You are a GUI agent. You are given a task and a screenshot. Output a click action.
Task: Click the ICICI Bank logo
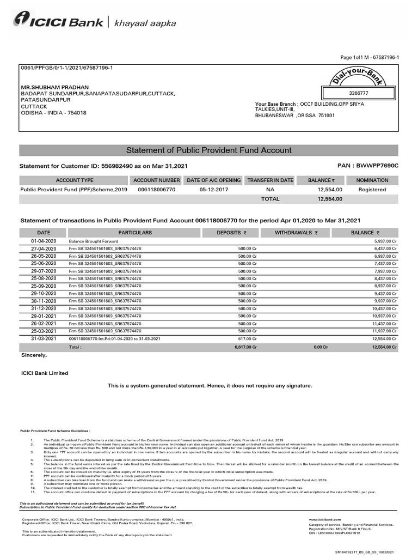pyautogui.click(x=58, y=22)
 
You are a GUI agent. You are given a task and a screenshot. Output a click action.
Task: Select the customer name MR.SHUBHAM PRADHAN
pyautogui.click(x=54, y=87)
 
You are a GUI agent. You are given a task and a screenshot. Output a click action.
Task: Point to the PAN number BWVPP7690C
pyautogui.click(x=377, y=165)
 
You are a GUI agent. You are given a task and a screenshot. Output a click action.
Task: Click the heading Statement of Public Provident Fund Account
pyautogui.click(x=208, y=150)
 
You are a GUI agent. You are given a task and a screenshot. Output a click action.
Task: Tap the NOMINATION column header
pyautogui.click(x=372, y=180)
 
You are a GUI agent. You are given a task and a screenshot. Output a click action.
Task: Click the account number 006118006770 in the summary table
pyautogui.click(x=157, y=190)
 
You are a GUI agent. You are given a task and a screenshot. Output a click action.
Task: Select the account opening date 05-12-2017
pyautogui.click(x=213, y=190)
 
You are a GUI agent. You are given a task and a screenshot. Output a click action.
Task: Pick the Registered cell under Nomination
pyautogui.click(x=372, y=190)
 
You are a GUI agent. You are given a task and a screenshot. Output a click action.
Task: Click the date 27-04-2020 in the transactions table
pyautogui.click(x=44, y=248)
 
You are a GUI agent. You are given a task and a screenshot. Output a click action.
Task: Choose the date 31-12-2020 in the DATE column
pyautogui.click(x=44, y=308)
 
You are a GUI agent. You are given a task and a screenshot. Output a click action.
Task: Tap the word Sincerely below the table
pyautogui.click(x=34, y=355)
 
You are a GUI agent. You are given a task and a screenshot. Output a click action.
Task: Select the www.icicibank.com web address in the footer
pyautogui.click(x=325, y=520)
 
